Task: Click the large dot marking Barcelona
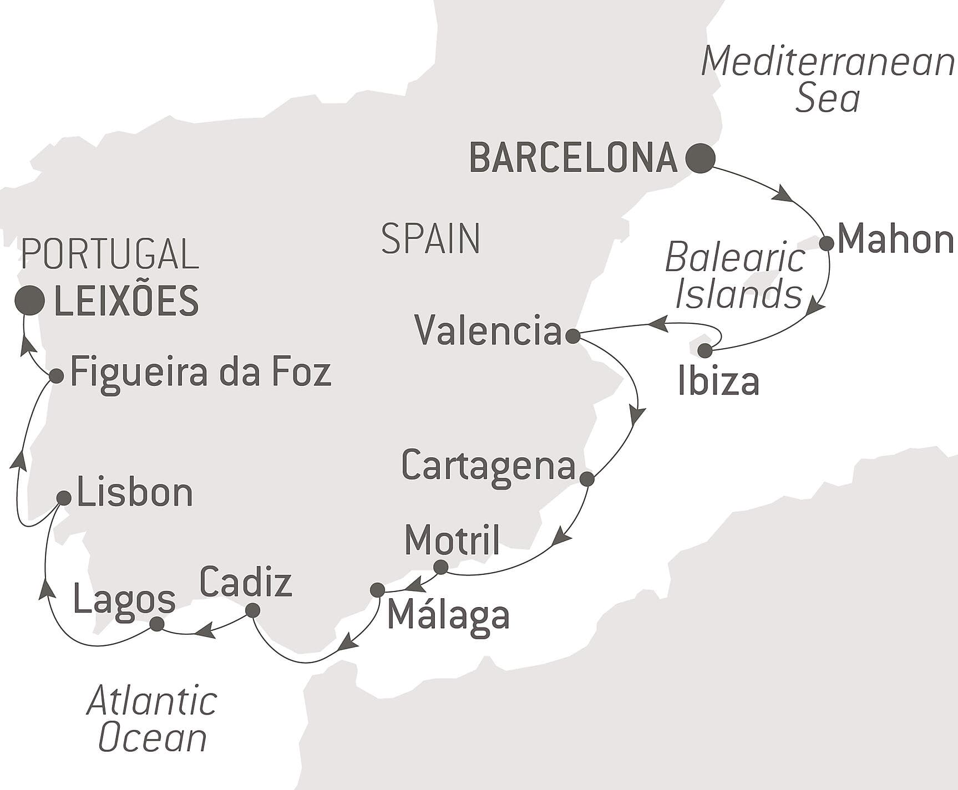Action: click(x=700, y=158)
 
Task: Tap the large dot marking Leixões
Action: click(x=30, y=301)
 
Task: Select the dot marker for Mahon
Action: click(x=827, y=243)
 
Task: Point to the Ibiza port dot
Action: click(x=704, y=350)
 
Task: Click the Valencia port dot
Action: click(x=572, y=335)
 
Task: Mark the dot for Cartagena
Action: click(x=587, y=478)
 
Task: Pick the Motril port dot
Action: click(x=440, y=567)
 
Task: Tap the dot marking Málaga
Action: click(x=377, y=589)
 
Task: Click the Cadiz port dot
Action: click(x=252, y=610)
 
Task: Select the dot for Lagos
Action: click(x=157, y=624)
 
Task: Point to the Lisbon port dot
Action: click(x=64, y=498)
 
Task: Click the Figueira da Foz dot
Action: click(x=56, y=376)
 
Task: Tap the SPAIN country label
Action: click(x=430, y=239)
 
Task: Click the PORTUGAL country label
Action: click(x=110, y=254)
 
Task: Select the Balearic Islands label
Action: click(x=736, y=276)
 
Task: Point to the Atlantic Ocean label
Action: click(x=152, y=719)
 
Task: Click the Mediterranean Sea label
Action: click(x=828, y=79)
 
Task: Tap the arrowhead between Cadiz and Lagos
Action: click(x=205, y=630)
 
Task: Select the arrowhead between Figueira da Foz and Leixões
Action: click(x=28, y=347)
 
